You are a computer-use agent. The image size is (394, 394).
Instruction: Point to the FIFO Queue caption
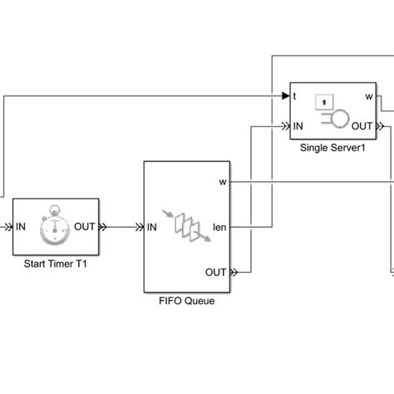click(x=188, y=301)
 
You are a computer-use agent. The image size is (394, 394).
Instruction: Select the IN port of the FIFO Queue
click(x=155, y=225)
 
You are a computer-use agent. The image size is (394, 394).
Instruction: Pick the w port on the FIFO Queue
click(x=221, y=180)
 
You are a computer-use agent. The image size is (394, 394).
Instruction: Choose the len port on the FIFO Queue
click(x=219, y=225)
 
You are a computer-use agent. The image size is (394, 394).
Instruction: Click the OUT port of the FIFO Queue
click(x=214, y=271)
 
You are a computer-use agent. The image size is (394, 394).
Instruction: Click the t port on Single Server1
click(x=295, y=96)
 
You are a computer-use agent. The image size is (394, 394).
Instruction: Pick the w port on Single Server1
click(x=368, y=96)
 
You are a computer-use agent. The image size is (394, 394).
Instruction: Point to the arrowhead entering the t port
click(x=283, y=96)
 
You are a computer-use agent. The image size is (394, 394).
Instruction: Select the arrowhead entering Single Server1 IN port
click(x=283, y=126)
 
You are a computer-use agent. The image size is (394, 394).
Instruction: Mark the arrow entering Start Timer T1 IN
click(x=7, y=225)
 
